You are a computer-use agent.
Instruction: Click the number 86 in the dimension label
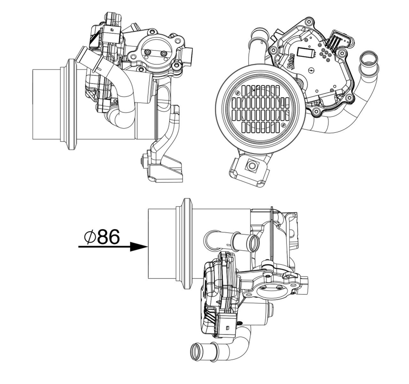click(x=109, y=237)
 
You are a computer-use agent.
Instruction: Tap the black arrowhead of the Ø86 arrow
click(x=139, y=246)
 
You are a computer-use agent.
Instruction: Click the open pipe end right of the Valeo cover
click(x=369, y=59)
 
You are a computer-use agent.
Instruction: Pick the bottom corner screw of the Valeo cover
click(x=317, y=111)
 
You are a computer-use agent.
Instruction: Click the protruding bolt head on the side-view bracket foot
click(x=143, y=159)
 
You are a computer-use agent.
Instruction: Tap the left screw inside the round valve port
click(x=147, y=52)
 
